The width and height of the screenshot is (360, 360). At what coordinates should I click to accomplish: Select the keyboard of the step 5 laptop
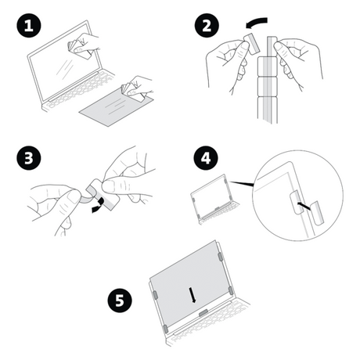pyautogui.click(x=207, y=329)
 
